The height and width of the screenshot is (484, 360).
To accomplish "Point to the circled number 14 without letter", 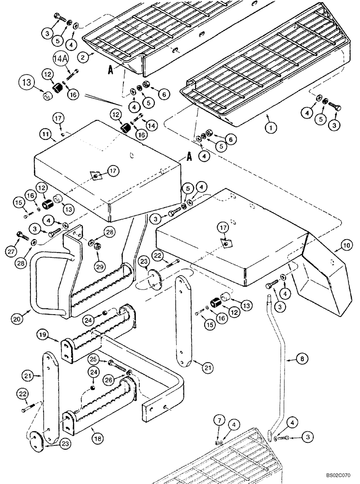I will point(152,125).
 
